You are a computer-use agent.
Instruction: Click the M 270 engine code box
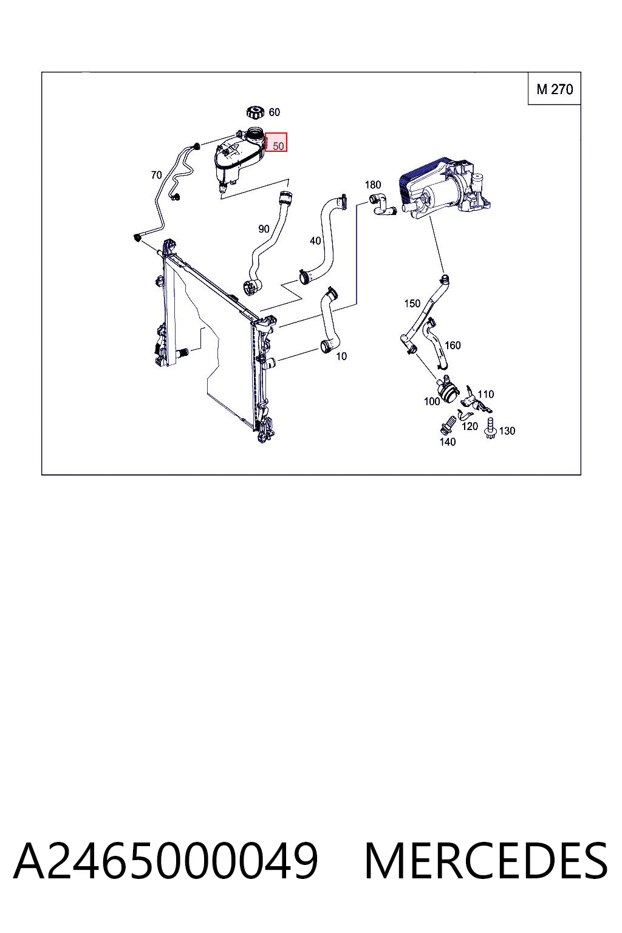554,89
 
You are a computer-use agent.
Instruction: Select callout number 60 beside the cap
275,112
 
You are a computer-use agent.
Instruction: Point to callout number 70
156,175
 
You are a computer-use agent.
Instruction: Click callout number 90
264,228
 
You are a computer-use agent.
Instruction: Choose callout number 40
315,241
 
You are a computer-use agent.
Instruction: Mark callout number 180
373,185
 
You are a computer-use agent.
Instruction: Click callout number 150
412,303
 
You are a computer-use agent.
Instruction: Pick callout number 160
453,345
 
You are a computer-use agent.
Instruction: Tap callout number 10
341,356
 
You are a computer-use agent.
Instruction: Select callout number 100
432,401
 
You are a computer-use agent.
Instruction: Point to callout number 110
486,394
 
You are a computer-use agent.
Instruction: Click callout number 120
470,426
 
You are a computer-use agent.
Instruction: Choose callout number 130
507,431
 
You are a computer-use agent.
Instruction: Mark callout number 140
448,442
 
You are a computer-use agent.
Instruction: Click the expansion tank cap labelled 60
255,112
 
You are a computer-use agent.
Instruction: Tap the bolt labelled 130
490,428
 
